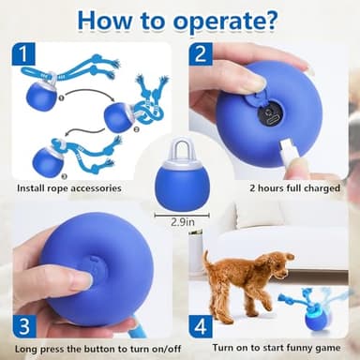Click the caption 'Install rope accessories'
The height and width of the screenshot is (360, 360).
pos(68,187)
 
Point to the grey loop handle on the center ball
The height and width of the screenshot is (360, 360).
pos(180,148)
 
